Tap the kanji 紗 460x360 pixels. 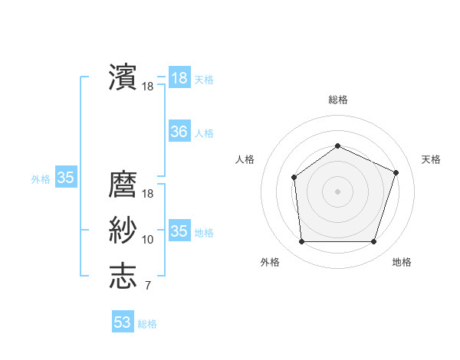click(123, 230)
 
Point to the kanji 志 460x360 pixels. click(123, 276)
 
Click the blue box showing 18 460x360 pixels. click(179, 78)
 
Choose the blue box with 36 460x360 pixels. click(179, 132)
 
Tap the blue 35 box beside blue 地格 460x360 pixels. click(179, 231)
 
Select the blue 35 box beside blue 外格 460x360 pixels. click(66, 178)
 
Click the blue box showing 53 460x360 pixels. click(123, 322)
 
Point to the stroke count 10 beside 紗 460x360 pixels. click(148, 240)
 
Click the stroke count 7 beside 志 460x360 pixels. click(147, 286)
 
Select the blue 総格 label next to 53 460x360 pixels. click(147, 324)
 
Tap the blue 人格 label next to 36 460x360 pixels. click(204, 133)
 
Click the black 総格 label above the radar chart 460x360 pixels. click(337, 100)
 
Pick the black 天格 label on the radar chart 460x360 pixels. click(431, 159)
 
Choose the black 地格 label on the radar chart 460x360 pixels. click(402, 263)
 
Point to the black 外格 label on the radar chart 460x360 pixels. click(270, 263)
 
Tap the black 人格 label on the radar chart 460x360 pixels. click(245, 159)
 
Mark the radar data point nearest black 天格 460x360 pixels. click(396, 172)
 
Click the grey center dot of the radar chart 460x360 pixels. click(337, 191)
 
